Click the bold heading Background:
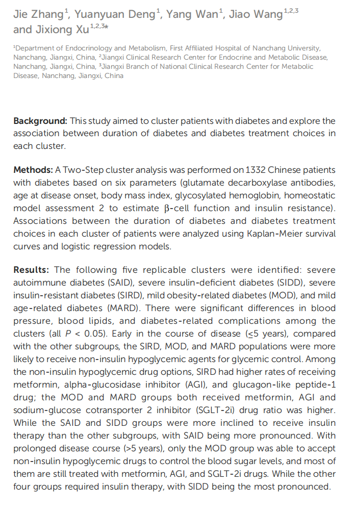[40, 121]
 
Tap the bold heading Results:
[32, 270]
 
